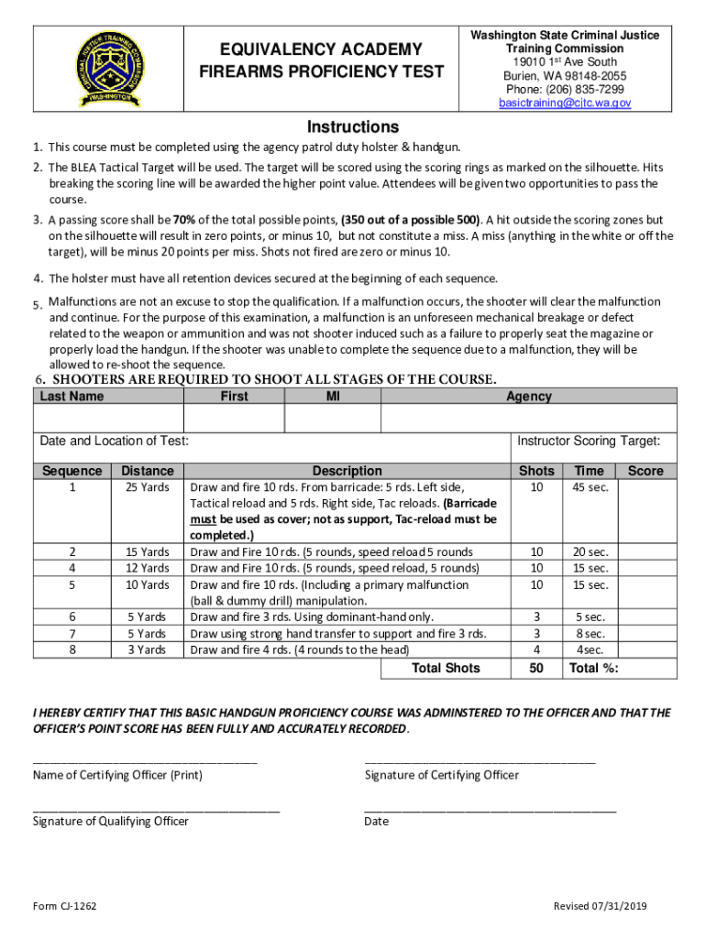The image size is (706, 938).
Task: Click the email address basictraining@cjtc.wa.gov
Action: tap(565, 104)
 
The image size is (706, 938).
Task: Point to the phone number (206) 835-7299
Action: tap(565, 89)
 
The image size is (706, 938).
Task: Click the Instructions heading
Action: tap(352, 126)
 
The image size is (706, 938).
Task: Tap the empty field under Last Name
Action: tap(108, 418)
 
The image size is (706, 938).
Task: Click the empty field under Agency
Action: tap(528, 418)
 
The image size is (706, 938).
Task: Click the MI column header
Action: tap(333, 397)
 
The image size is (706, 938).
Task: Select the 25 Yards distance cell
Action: tap(147, 487)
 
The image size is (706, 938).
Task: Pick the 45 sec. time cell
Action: tap(590, 487)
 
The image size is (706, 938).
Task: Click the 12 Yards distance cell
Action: tap(147, 568)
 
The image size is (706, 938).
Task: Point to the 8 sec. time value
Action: tap(590, 633)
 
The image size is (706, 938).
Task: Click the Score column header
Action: tap(645, 471)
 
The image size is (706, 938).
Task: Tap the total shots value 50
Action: tap(536, 669)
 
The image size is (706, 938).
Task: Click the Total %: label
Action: tap(593, 669)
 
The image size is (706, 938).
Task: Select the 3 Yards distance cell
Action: tap(147, 649)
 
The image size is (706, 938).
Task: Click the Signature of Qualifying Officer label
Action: tap(111, 822)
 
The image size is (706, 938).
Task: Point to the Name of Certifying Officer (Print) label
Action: tap(117, 775)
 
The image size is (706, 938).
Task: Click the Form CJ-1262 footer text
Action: tap(65, 906)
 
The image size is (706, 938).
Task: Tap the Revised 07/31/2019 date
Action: tap(601, 906)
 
